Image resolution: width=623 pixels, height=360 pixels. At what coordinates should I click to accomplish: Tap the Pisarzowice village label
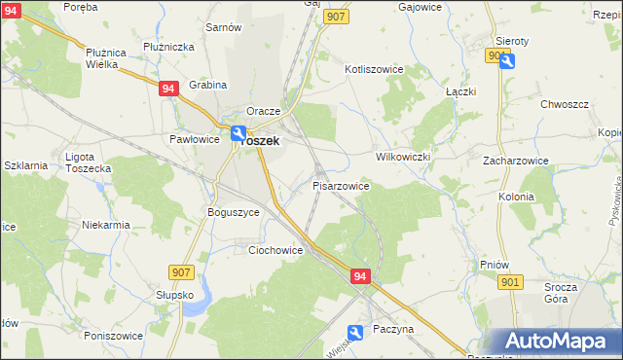[340, 185]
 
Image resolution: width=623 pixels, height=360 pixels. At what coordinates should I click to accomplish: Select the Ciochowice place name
[275, 250]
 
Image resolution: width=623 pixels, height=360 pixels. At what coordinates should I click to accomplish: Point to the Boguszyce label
[234, 211]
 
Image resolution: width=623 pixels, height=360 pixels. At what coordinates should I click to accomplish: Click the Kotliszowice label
[374, 70]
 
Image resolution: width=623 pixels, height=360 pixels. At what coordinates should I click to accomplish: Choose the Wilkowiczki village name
[403, 156]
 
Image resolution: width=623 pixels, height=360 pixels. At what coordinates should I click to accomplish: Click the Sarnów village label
[223, 27]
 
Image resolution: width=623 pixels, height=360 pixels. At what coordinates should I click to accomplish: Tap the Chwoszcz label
[567, 102]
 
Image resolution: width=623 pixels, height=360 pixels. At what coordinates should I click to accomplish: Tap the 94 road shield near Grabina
[169, 88]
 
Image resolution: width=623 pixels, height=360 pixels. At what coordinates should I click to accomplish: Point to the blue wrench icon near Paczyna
[356, 333]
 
